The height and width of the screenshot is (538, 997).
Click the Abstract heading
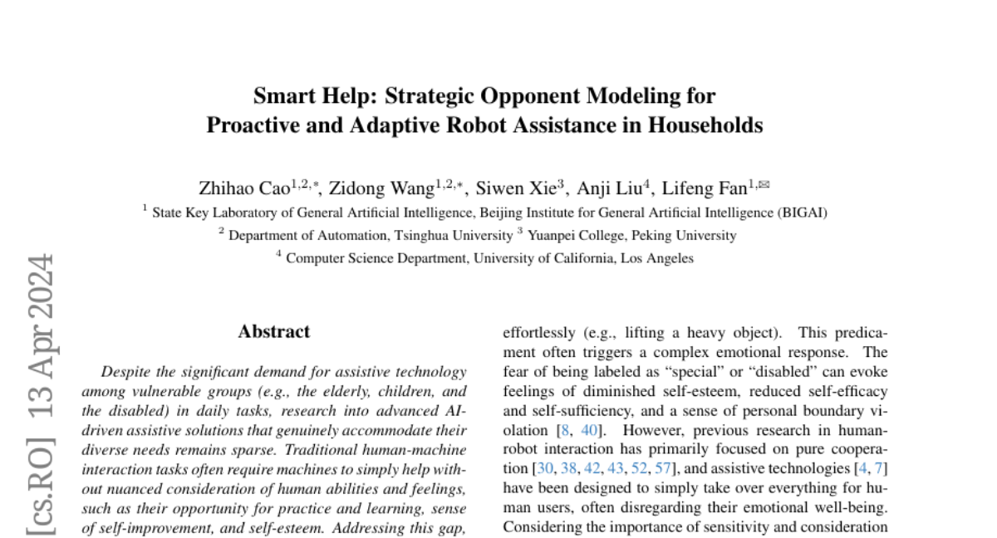[x=273, y=331]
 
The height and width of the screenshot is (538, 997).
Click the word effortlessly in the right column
[x=538, y=332]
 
